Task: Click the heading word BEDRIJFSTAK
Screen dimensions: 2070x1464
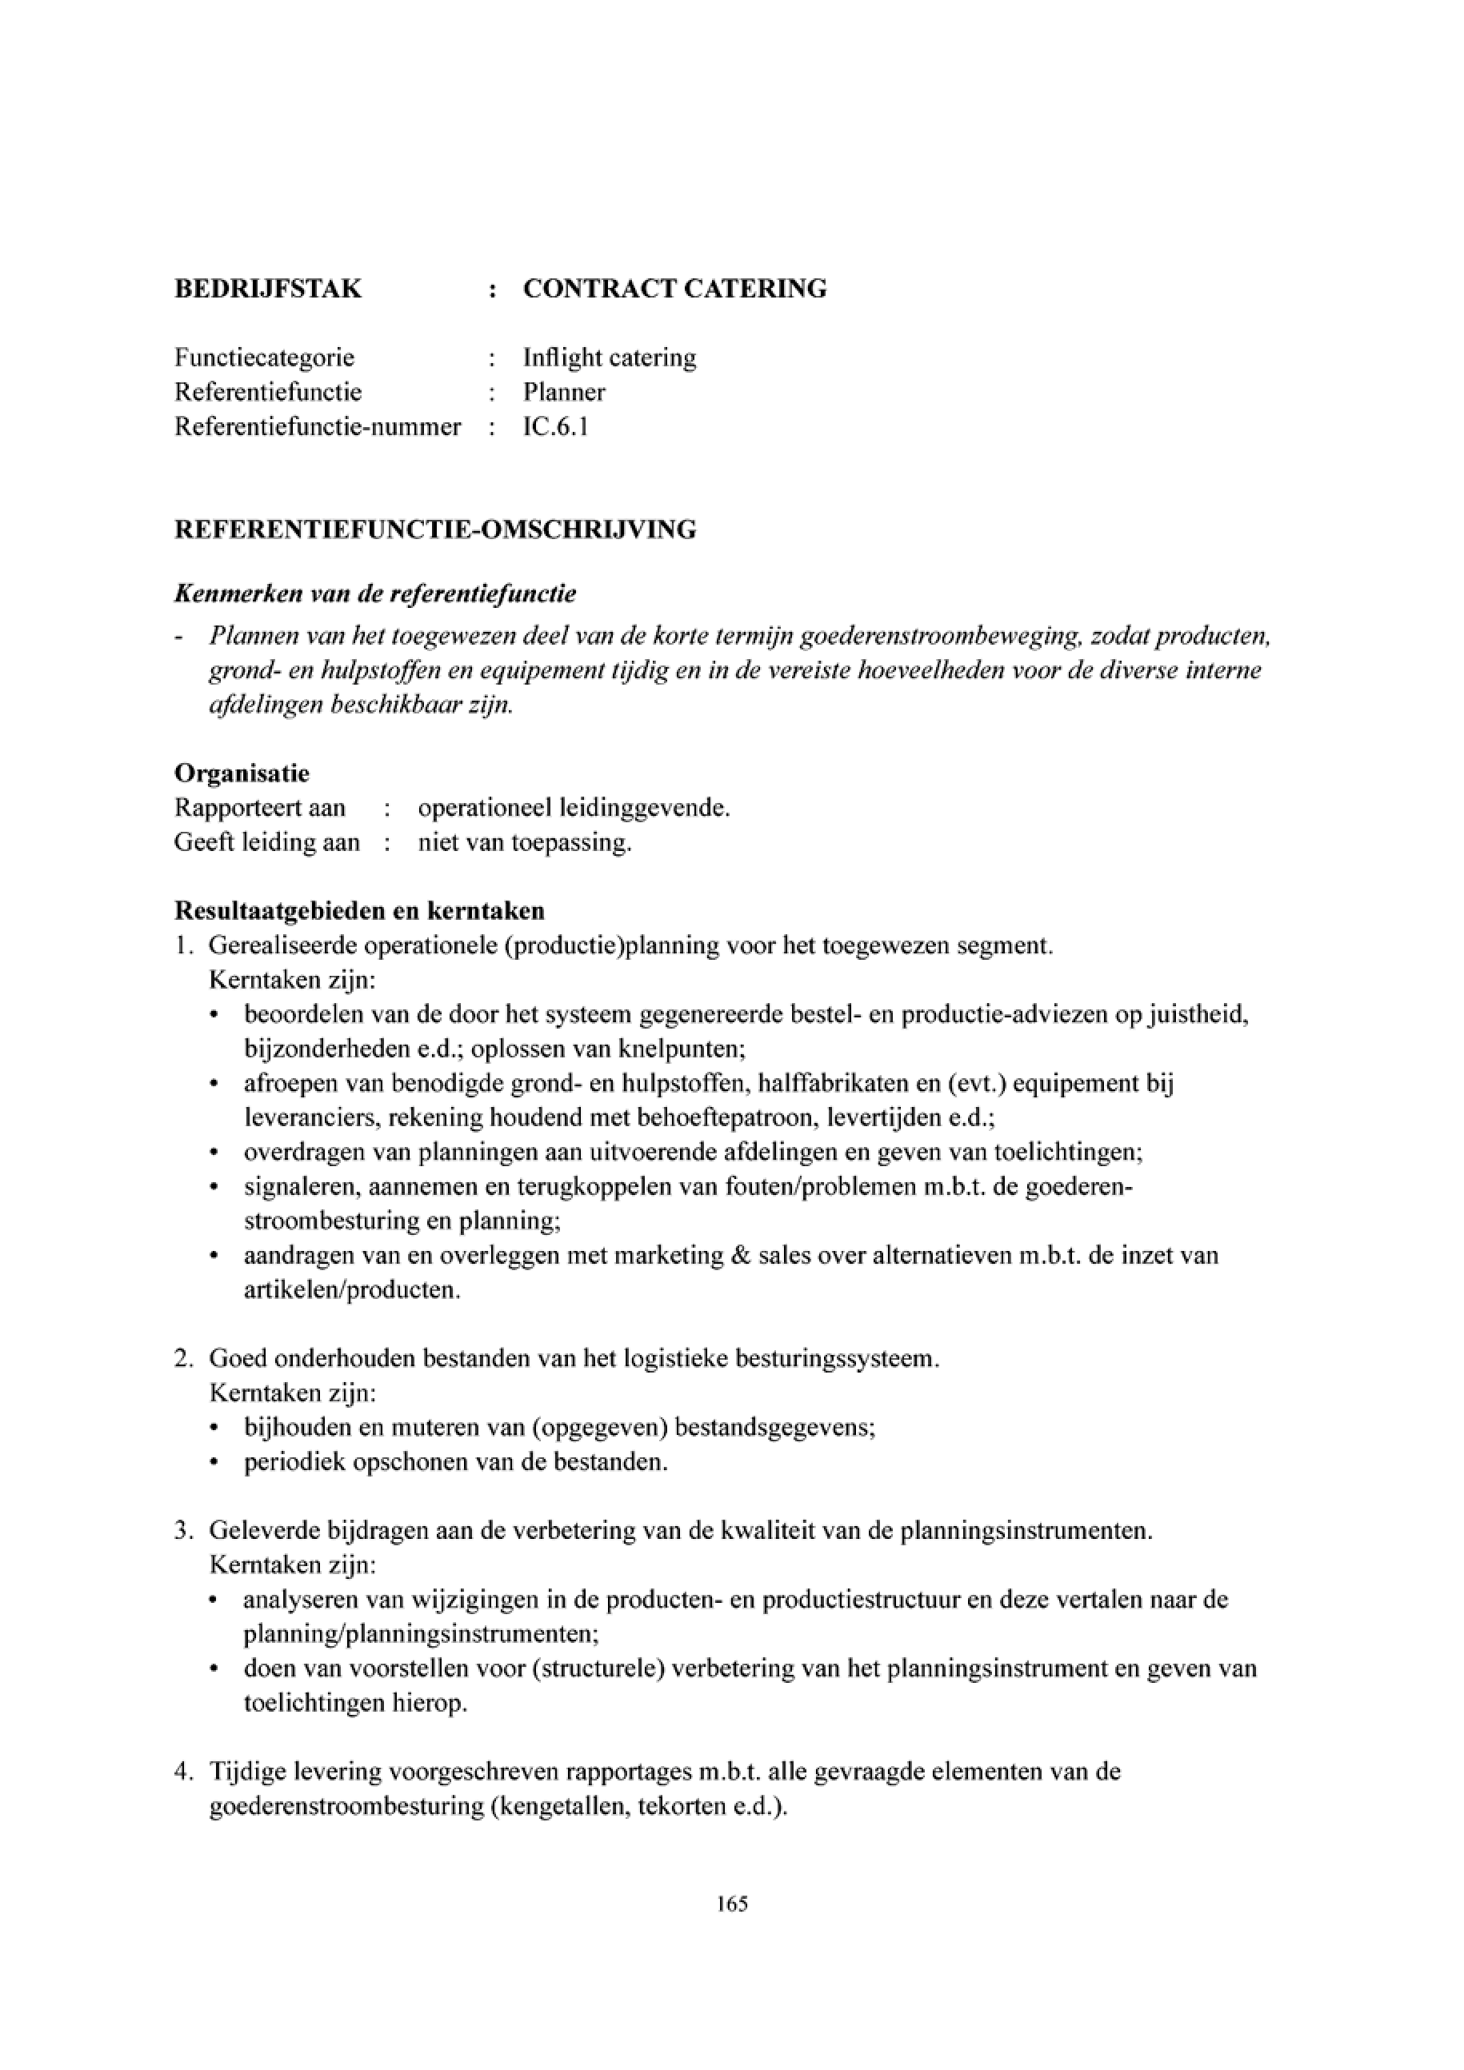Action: [x=268, y=289]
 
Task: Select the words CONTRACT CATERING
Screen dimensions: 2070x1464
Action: [x=674, y=289]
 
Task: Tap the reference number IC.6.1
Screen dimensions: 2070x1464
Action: [x=555, y=426]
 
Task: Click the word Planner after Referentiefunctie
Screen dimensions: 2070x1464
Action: [x=564, y=391]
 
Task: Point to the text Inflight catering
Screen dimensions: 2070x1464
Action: [x=610, y=357]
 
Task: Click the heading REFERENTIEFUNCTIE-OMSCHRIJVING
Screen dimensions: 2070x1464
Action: [x=434, y=529]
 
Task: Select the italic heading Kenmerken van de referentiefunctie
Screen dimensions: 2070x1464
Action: [x=375, y=594]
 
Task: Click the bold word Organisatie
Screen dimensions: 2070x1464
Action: [x=242, y=773]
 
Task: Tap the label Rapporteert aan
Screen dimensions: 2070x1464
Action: [x=260, y=807]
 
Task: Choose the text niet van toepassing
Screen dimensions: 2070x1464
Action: [x=525, y=842]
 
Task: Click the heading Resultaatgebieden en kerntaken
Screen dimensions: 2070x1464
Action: [x=358, y=910]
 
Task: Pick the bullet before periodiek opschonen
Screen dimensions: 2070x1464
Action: [x=214, y=1462]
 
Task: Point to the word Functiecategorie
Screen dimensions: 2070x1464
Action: [x=264, y=357]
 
